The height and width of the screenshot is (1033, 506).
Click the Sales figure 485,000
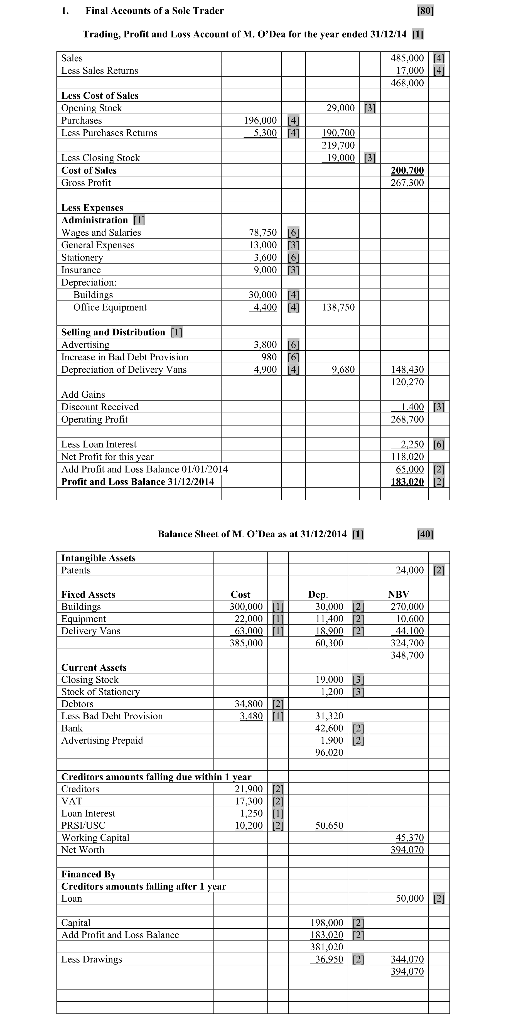click(x=407, y=58)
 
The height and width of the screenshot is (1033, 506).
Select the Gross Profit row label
click(x=86, y=183)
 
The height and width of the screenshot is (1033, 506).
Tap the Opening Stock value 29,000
click(x=340, y=108)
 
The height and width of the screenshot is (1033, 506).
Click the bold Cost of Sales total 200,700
click(x=407, y=170)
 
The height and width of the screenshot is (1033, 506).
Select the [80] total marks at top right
click(x=425, y=11)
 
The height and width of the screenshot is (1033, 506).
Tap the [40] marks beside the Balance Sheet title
click(x=425, y=534)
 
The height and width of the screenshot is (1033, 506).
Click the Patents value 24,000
click(x=409, y=570)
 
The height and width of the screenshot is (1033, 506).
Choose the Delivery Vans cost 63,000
click(x=249, y=631)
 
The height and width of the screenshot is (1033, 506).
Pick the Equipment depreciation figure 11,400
click(x=329, y=619)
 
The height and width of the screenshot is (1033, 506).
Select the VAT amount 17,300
click(x=249, y=801)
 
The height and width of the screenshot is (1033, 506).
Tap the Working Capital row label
click(x=95, y=838)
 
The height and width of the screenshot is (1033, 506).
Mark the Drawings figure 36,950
click(x=329, y=959)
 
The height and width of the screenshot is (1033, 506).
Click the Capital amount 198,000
click(x=326, y=923)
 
